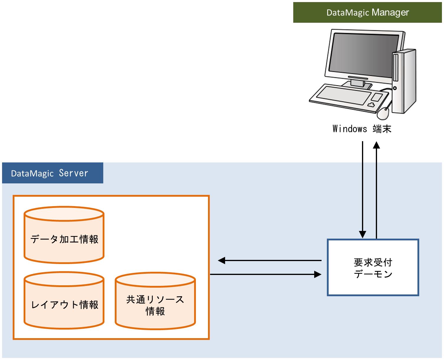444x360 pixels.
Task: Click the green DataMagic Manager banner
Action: point(367,12)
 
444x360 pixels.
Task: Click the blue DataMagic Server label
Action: point(53,173)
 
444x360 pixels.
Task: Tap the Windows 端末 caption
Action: point(362,129)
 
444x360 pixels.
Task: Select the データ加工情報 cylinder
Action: point(64,235)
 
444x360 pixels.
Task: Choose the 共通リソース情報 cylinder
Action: point(155,301)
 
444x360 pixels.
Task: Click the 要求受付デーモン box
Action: point(373,267)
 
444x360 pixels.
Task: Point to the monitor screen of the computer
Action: point(364,55)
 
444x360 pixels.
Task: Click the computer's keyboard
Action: point(348,98)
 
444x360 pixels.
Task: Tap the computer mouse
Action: point(383,113)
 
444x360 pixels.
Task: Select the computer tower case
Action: point(404,82)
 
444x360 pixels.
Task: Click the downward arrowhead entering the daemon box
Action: point(363,234)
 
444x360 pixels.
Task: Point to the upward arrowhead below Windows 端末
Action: point(376,145)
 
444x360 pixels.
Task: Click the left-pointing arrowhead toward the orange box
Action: point(221,260)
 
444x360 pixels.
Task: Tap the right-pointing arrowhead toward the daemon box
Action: point(318,274)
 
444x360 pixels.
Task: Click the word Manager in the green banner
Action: point(390,12)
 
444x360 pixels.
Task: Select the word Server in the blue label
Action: point(73,173)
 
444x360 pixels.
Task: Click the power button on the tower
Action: point(395,88)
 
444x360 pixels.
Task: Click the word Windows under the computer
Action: point(350,129)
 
